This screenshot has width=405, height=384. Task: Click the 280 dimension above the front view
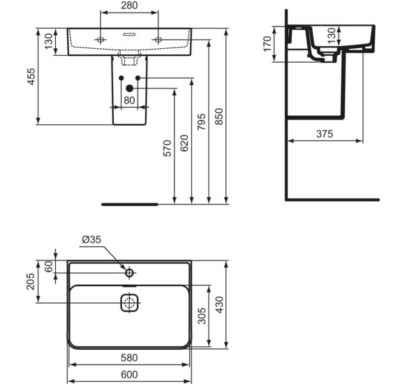[x=130, y=7]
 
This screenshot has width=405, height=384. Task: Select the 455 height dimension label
[x=29, y=75]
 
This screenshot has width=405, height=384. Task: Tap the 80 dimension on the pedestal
[x=129, y=100]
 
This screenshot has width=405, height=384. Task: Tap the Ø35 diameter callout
[x=92, y=239]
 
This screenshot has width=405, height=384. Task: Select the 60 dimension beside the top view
[x=48, y=266]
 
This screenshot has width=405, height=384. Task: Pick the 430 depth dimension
[x=220, y=305]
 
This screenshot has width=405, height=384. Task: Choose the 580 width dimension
[x=129, y=357]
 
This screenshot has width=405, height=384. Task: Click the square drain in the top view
[x=129, y=303]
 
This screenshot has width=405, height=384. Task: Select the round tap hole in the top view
[x=129, y=270]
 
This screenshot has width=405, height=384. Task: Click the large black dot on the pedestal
[x=129, y=88]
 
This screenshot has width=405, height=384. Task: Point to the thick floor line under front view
[x=130, y=205]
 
